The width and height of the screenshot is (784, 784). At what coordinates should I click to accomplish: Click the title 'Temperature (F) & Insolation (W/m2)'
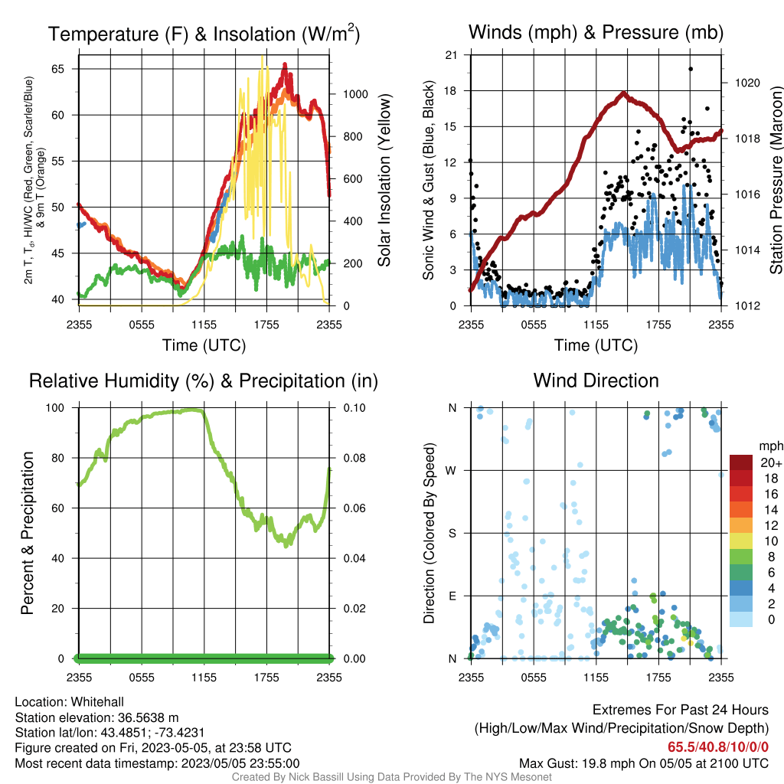tap(204, 34)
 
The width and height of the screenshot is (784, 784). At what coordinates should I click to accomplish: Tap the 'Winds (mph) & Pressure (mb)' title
tap(596, 32)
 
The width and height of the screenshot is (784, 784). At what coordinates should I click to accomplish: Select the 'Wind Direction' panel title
tap(596, 381)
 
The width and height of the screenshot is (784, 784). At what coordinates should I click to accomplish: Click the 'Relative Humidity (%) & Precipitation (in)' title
tap(204, 381)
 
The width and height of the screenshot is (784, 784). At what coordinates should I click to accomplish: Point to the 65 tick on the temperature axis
tap(58, 69)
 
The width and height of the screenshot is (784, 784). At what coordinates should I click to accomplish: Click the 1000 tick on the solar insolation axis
tap(355, 94)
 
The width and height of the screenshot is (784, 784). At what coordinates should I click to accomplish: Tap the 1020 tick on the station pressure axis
tap(747, 83)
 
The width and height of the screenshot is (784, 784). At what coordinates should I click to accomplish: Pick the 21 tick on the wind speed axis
tap(451, 55)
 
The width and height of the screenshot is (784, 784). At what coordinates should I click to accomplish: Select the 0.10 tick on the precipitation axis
tap(354, 408)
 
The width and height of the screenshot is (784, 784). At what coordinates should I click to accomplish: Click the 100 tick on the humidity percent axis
tap(55, 408)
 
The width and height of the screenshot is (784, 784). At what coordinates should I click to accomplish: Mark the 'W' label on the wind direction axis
tap(451, 471)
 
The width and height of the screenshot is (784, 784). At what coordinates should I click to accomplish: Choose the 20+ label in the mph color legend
tap(771, 462)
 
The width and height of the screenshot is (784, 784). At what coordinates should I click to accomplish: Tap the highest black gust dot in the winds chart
tap(691, 69)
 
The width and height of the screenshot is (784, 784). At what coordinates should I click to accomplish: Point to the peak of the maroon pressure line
tap(623, 93)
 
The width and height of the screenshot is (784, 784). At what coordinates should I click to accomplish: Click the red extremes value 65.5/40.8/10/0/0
tap(718, 747)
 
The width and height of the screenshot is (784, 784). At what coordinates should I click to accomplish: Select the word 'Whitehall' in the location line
tap(97, 702)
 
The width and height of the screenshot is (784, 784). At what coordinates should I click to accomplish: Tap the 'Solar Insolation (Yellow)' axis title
tap(384, 180)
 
